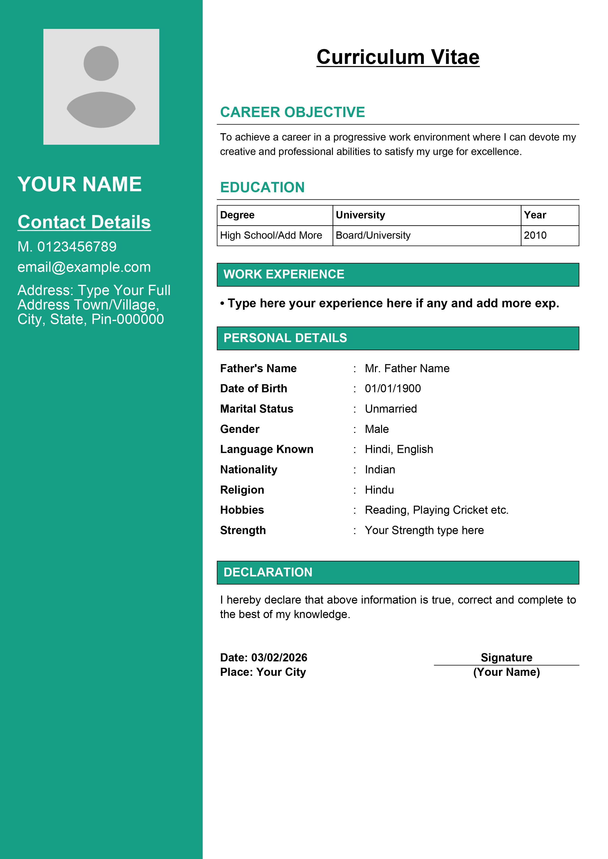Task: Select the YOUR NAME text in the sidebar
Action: point(79,184)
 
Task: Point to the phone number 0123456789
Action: point(77,247)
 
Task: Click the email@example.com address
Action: point(84,267)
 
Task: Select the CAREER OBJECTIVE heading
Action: point(292,112)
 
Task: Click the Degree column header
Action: point(237,215)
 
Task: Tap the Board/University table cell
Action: point(373,235)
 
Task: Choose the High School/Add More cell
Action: point(271,235)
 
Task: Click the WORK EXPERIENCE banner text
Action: point(284,274)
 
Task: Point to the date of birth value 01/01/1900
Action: point(393,388)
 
